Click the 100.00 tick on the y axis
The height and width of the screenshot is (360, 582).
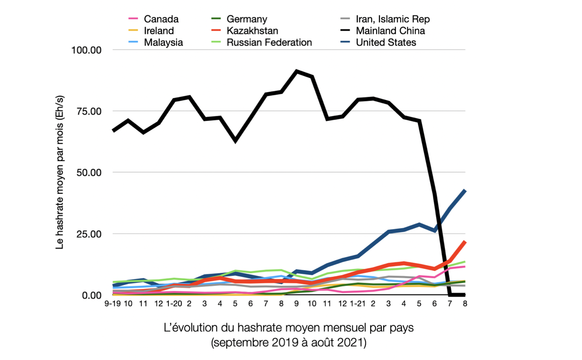pos(86,50)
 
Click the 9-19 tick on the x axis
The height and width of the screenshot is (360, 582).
pos(113,304)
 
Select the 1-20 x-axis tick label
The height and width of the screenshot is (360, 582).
pos(174,304)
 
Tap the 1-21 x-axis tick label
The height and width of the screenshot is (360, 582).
pos(357,304)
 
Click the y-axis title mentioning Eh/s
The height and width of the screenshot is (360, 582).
pos(60,172)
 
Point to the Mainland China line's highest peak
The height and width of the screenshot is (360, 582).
pos(296,71)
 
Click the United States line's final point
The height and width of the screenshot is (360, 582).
pos(465,191)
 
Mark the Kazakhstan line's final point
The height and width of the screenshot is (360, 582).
pos(465,242)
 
